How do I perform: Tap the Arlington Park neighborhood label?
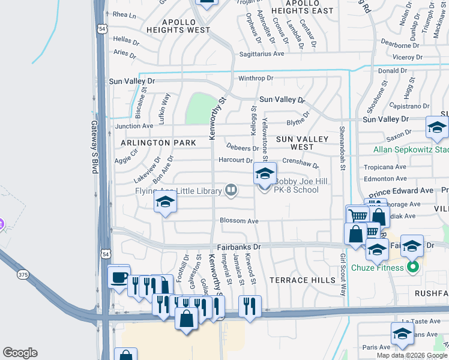pos(158,143)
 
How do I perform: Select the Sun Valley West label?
pos(302,143)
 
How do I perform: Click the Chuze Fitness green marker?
pos(412,267)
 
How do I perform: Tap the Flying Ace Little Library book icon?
pos(231,191)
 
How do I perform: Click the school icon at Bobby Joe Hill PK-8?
pos(264,174)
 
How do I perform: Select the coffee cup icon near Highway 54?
pos(119,277)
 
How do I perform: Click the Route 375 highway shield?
pos(23,274)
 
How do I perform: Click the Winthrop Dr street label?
pos(256,78)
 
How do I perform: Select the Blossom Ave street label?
pos(239,221)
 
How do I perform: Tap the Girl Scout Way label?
pos(343,275)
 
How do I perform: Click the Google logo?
pos(20,353)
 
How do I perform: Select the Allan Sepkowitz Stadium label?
pos(411,150)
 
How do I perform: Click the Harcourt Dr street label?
pos(235,160)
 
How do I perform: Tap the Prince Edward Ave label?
pos(401,191)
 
